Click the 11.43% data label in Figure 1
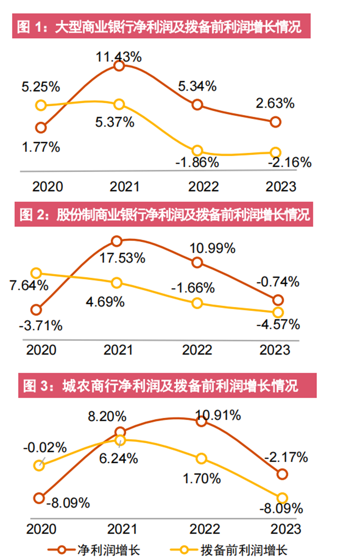(x=119, y=57)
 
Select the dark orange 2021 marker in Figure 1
(x=119, y=66)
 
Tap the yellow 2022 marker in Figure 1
(x=197, y=151)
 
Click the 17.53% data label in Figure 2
(x=122, y=258)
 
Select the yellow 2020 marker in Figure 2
(x=36, y=273)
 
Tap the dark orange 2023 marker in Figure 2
(x=277, y=300)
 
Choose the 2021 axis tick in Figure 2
(x=118, y=349)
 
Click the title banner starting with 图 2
(x=165, y=215)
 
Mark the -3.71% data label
(x=41, y=326)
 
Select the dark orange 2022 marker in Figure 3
(x=201, y=421)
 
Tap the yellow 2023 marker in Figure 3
(x=282, y=498)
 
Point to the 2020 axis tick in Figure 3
(x=41, y=529)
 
